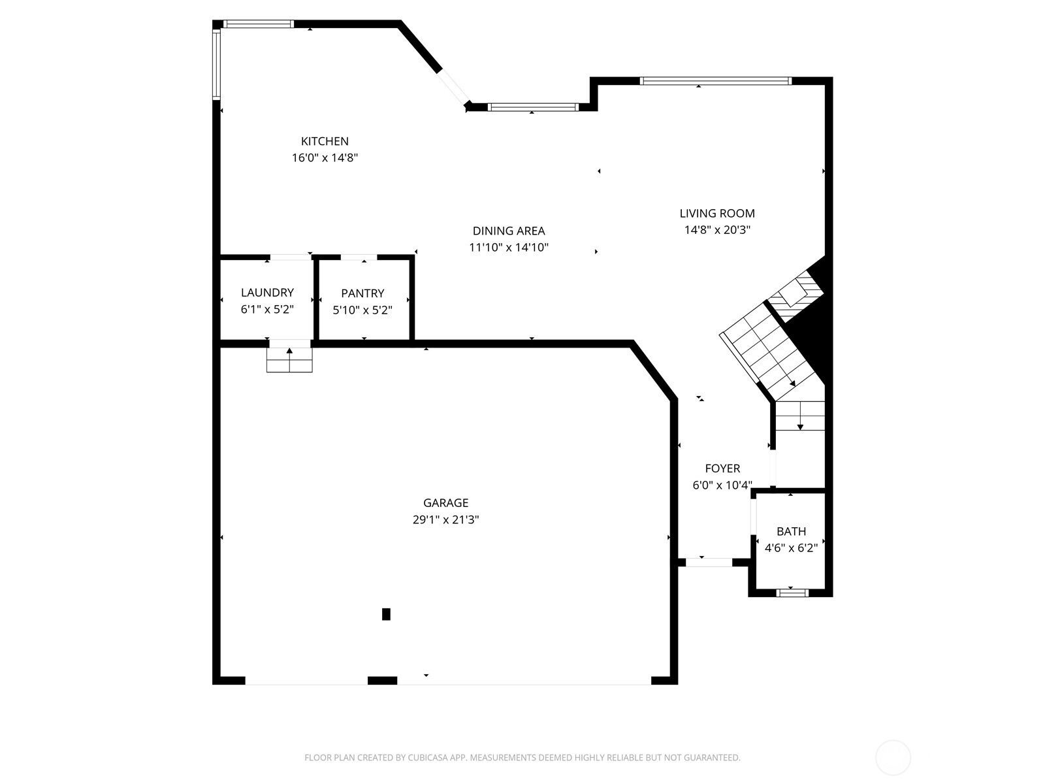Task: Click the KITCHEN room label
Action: tap(325, 141)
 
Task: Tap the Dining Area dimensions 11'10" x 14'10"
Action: tap(508, 248)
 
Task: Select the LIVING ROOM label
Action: tap(716, 213)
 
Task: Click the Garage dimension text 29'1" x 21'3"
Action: tap(445, 520)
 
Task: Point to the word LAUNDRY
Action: tap(267, 293)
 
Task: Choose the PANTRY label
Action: tap(362, 293)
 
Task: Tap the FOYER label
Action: tap(722, 468)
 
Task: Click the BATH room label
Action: tap(791, 531)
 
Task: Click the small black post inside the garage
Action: tap(386, 614)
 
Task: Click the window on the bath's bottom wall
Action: tap(792, 593)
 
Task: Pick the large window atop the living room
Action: tap(715, 81)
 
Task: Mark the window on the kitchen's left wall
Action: tap(216, 63)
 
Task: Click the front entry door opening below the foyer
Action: tap(709, 562)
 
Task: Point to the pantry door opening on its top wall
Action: tap(358, 257)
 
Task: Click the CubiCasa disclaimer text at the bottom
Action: tap(522, 758)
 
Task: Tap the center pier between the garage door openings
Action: tap(382, 680)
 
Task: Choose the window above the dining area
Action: tap(533, 107)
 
